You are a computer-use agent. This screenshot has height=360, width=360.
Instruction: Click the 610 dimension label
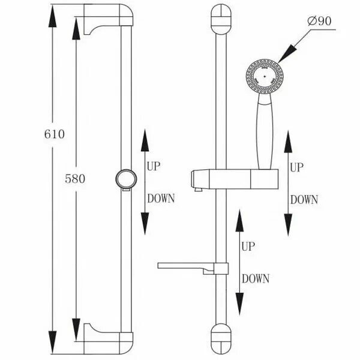(x=54, y=134)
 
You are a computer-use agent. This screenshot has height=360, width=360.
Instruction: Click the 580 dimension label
(x=76, y=178)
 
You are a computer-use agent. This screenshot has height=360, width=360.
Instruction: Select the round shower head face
(x=263, y=77)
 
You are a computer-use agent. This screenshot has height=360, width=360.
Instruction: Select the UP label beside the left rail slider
(x=153, y=167)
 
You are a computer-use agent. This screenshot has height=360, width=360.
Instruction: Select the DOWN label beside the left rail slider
(x=160, y=199)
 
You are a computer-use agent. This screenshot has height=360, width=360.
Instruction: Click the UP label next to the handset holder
(x=297, y=168)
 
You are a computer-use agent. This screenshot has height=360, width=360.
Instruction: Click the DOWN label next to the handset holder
(x=304, y=200)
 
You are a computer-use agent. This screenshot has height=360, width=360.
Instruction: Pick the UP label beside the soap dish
(x=248, y=246)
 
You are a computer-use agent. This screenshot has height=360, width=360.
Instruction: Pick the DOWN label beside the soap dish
(x=256, y=278)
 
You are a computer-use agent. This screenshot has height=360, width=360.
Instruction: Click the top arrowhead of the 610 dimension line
(x=53, y=17)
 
